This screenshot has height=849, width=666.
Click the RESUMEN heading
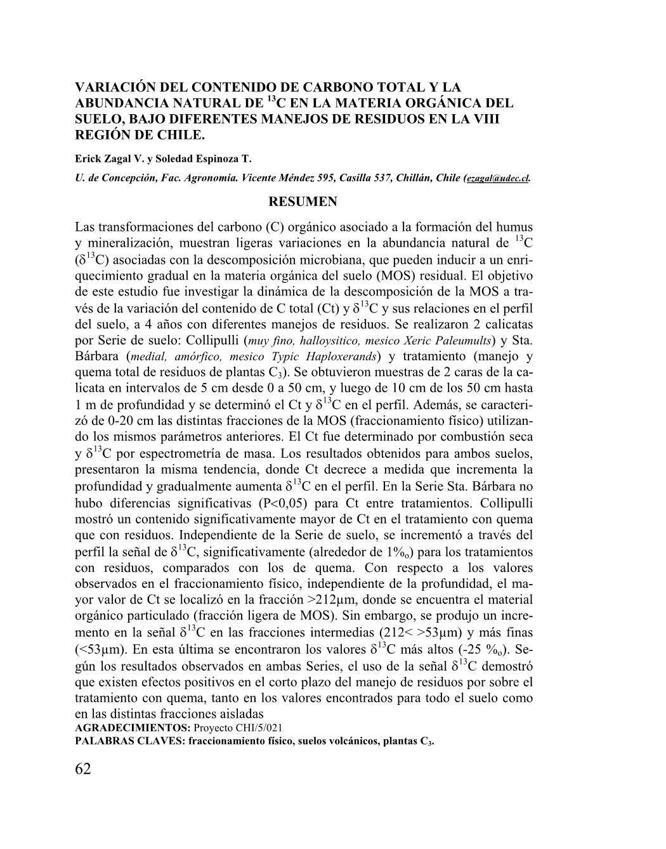[x=303, y=202]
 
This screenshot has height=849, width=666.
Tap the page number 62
[x=83, y=769]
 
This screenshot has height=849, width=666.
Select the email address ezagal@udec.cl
[x=498, y=179]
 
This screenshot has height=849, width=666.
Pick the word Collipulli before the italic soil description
[x=208, y=339]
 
